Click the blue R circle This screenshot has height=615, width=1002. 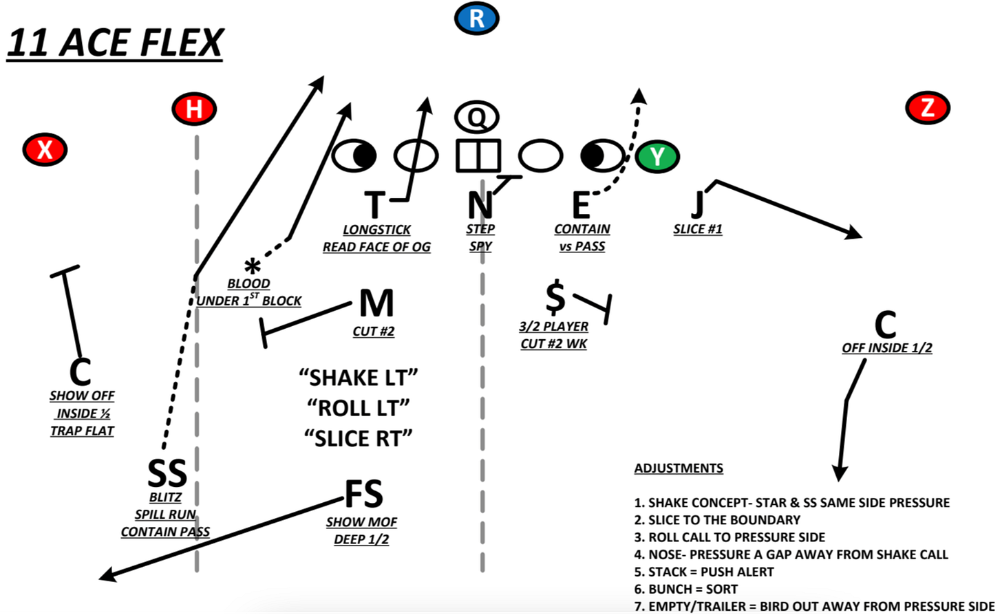[x=476, y=19]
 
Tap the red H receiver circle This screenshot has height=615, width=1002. [x=195, y=109]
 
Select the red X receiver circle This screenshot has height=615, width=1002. [x=45, y=149]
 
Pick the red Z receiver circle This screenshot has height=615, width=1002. [x=928, y=107]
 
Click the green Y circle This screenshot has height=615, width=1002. [x=657, y=156]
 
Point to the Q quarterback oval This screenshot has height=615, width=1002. [x=476, y=117]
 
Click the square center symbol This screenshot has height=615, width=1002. [x=478, y=155]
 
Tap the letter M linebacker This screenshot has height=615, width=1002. [x=376, y=303]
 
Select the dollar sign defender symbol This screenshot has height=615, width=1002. [x=555, y=297]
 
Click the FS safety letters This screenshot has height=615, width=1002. [x=363, y=494]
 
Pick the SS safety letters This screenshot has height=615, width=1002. [x=167, y=473]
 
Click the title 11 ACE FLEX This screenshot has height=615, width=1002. [x=114, y=43]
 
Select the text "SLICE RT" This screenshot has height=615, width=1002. [x=358, y=438]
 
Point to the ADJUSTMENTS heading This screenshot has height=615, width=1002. [x=679, y=468]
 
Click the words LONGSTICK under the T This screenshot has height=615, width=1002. [x=376, y=230]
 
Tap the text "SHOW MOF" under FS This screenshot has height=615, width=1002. [x=361, y=522]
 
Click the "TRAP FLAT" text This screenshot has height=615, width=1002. [x=82, y=431]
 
